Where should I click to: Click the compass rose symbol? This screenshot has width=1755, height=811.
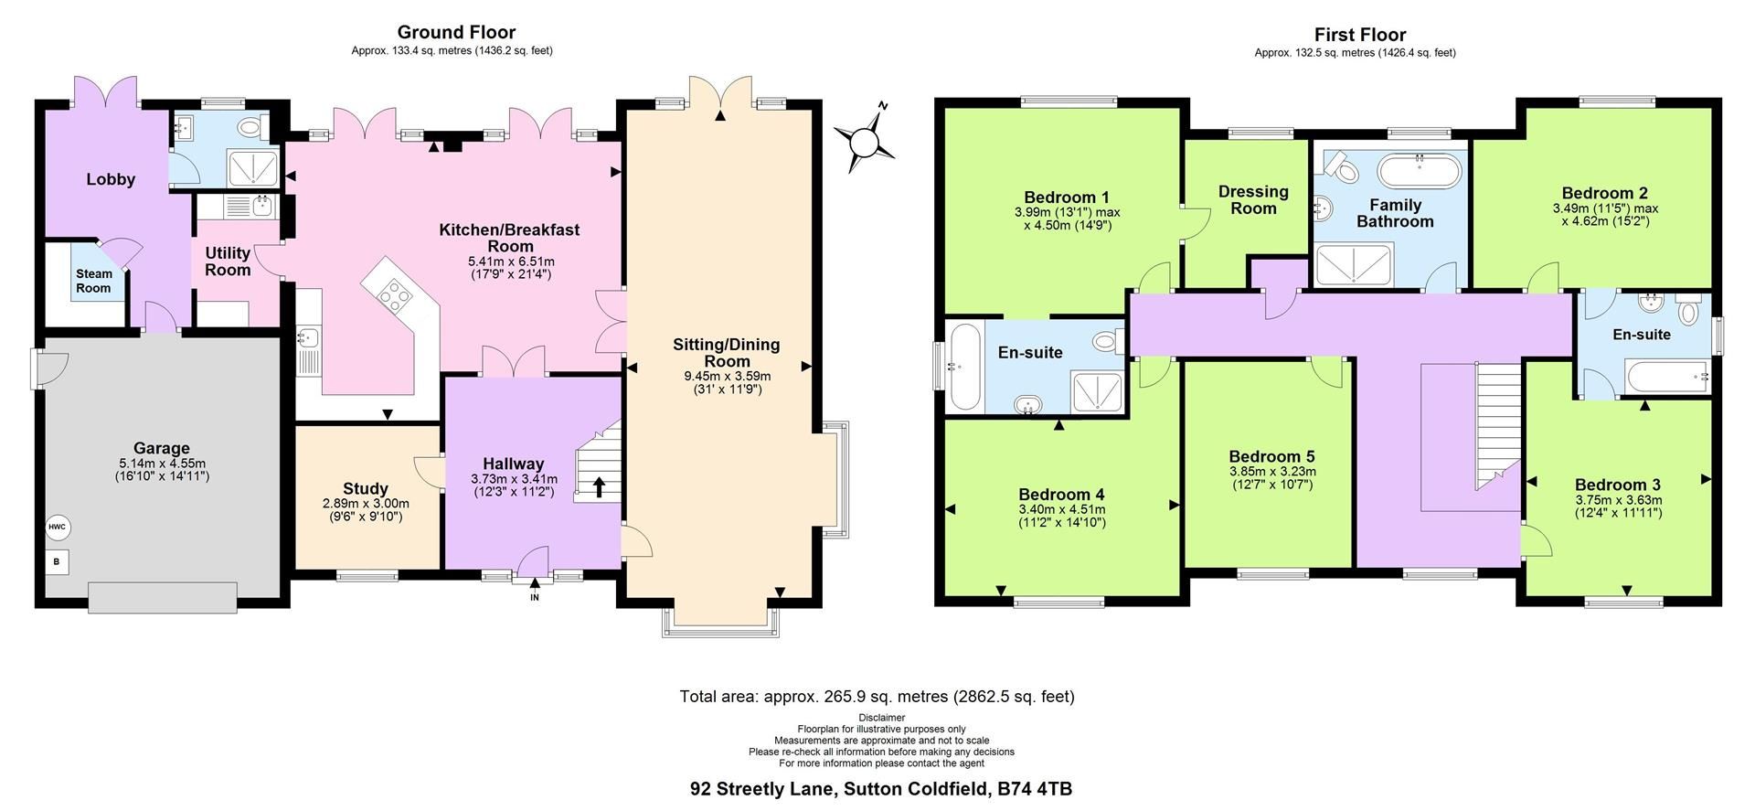[x=864, y=142]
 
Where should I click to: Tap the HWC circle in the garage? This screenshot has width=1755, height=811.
[x=58, y=528]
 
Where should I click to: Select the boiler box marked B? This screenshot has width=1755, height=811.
[x=57, y=561]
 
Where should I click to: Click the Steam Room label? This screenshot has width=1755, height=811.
[x=93, y=281]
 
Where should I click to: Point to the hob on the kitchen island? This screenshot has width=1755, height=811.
[x=395, y=294]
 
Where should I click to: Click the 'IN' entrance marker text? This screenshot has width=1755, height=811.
[x=535, y=598]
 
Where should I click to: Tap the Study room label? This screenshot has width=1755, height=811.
[x=366, y=489]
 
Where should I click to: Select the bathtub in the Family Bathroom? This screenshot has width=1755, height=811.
[x=1420, y=171]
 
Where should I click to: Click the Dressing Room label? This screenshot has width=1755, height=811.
[x=1253, y=199]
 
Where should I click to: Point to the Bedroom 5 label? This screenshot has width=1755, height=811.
[x=1271, y=456]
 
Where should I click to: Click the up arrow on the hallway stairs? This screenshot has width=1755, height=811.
[x=600, y=486]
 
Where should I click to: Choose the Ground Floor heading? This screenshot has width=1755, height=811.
[x=456, y=33]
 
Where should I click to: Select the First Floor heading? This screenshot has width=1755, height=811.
[x=1359, y=35]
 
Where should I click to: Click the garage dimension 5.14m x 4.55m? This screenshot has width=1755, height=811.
[x=162, y=463]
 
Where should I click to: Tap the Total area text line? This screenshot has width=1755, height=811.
[x=877, y=697]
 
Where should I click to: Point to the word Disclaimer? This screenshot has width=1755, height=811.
[x=881, y=718]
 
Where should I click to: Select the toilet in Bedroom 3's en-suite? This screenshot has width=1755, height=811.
[x=1688, y=312]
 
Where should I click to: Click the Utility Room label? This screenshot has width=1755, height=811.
[x=228, y=261]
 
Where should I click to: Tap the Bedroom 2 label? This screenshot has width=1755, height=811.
[x=1604, y=193]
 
